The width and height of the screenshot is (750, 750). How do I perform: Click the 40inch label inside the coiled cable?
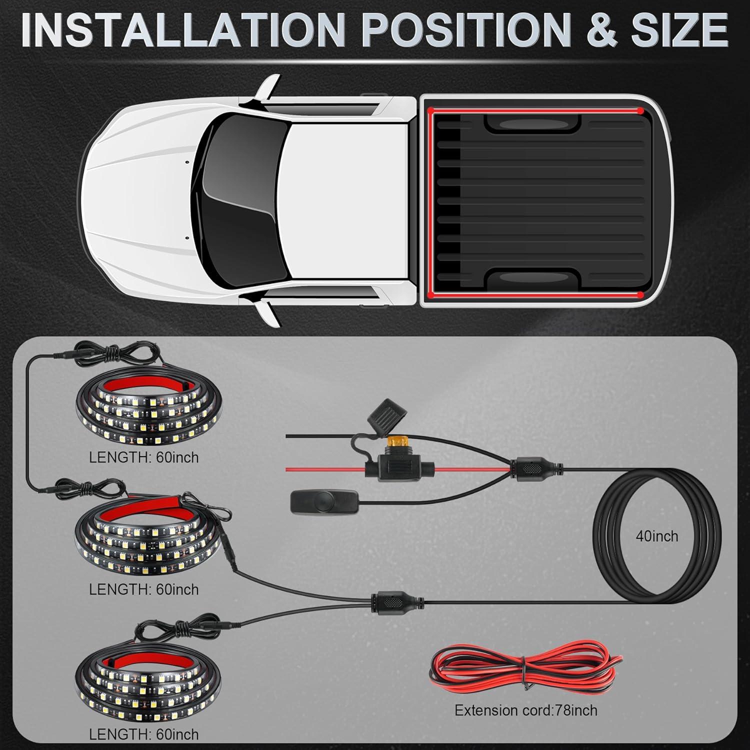click(657, 536)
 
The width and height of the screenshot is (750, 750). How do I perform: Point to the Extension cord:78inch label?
click(525, 710)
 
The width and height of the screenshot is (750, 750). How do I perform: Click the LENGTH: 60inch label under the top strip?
click(143, 457)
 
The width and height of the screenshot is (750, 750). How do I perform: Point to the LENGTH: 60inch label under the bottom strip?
click(143, 734)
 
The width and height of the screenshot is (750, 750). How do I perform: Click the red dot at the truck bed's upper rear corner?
click(640, 110)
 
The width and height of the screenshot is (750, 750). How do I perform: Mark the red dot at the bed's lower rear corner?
click(640, 294)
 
